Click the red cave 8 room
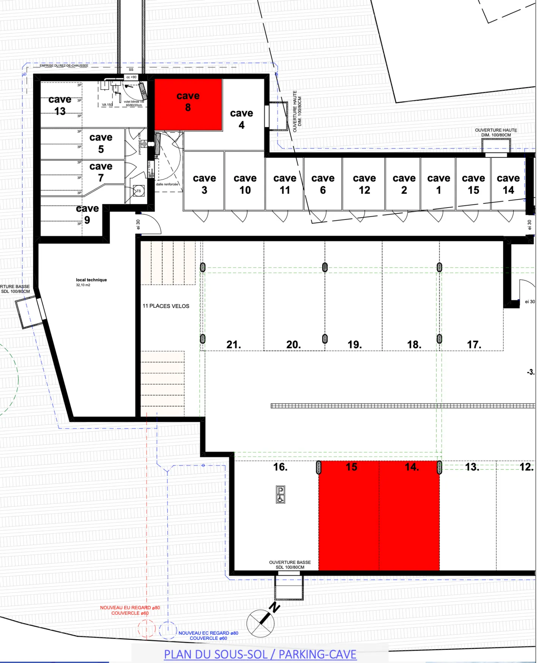point(188,104)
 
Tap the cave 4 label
point(241,119)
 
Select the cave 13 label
point(60,105)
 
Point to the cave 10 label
point(245,184)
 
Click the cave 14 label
point(508,184)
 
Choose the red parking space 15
point(349,516)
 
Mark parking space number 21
point(233,345)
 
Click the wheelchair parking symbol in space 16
point(280,494)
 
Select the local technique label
point(91,280)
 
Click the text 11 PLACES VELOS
point(166,306)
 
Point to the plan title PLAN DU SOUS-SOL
point(260,654)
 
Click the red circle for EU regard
point(146,629)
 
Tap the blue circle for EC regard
point(167,630)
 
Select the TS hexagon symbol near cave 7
point(139,191)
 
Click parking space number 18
point(414,345)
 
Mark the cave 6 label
point(323,184)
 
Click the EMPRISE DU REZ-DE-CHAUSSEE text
point(64,66)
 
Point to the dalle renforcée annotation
point(167,184)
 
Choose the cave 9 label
point(87,214)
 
